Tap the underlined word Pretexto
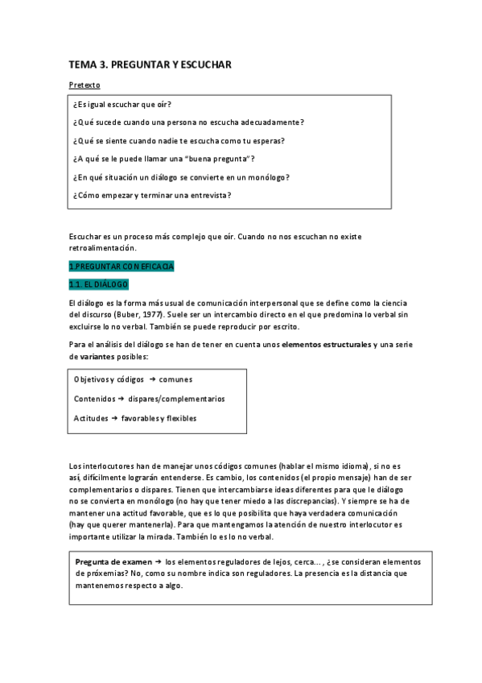pyautogui.click(x=84, y=85)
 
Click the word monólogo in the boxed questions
pyautogui.click(x=265, y=177)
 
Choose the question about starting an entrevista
pyautogui.click(x=151, y=195)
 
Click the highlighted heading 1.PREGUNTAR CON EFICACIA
pyautogui.click(x=121, y=267)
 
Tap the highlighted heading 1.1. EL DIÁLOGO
pyautogui.click(x=98, y=284)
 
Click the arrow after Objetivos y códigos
pyautogui.click(x=152, y=379)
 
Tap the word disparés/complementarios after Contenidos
pyautogui.click(x=176, y=399)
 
